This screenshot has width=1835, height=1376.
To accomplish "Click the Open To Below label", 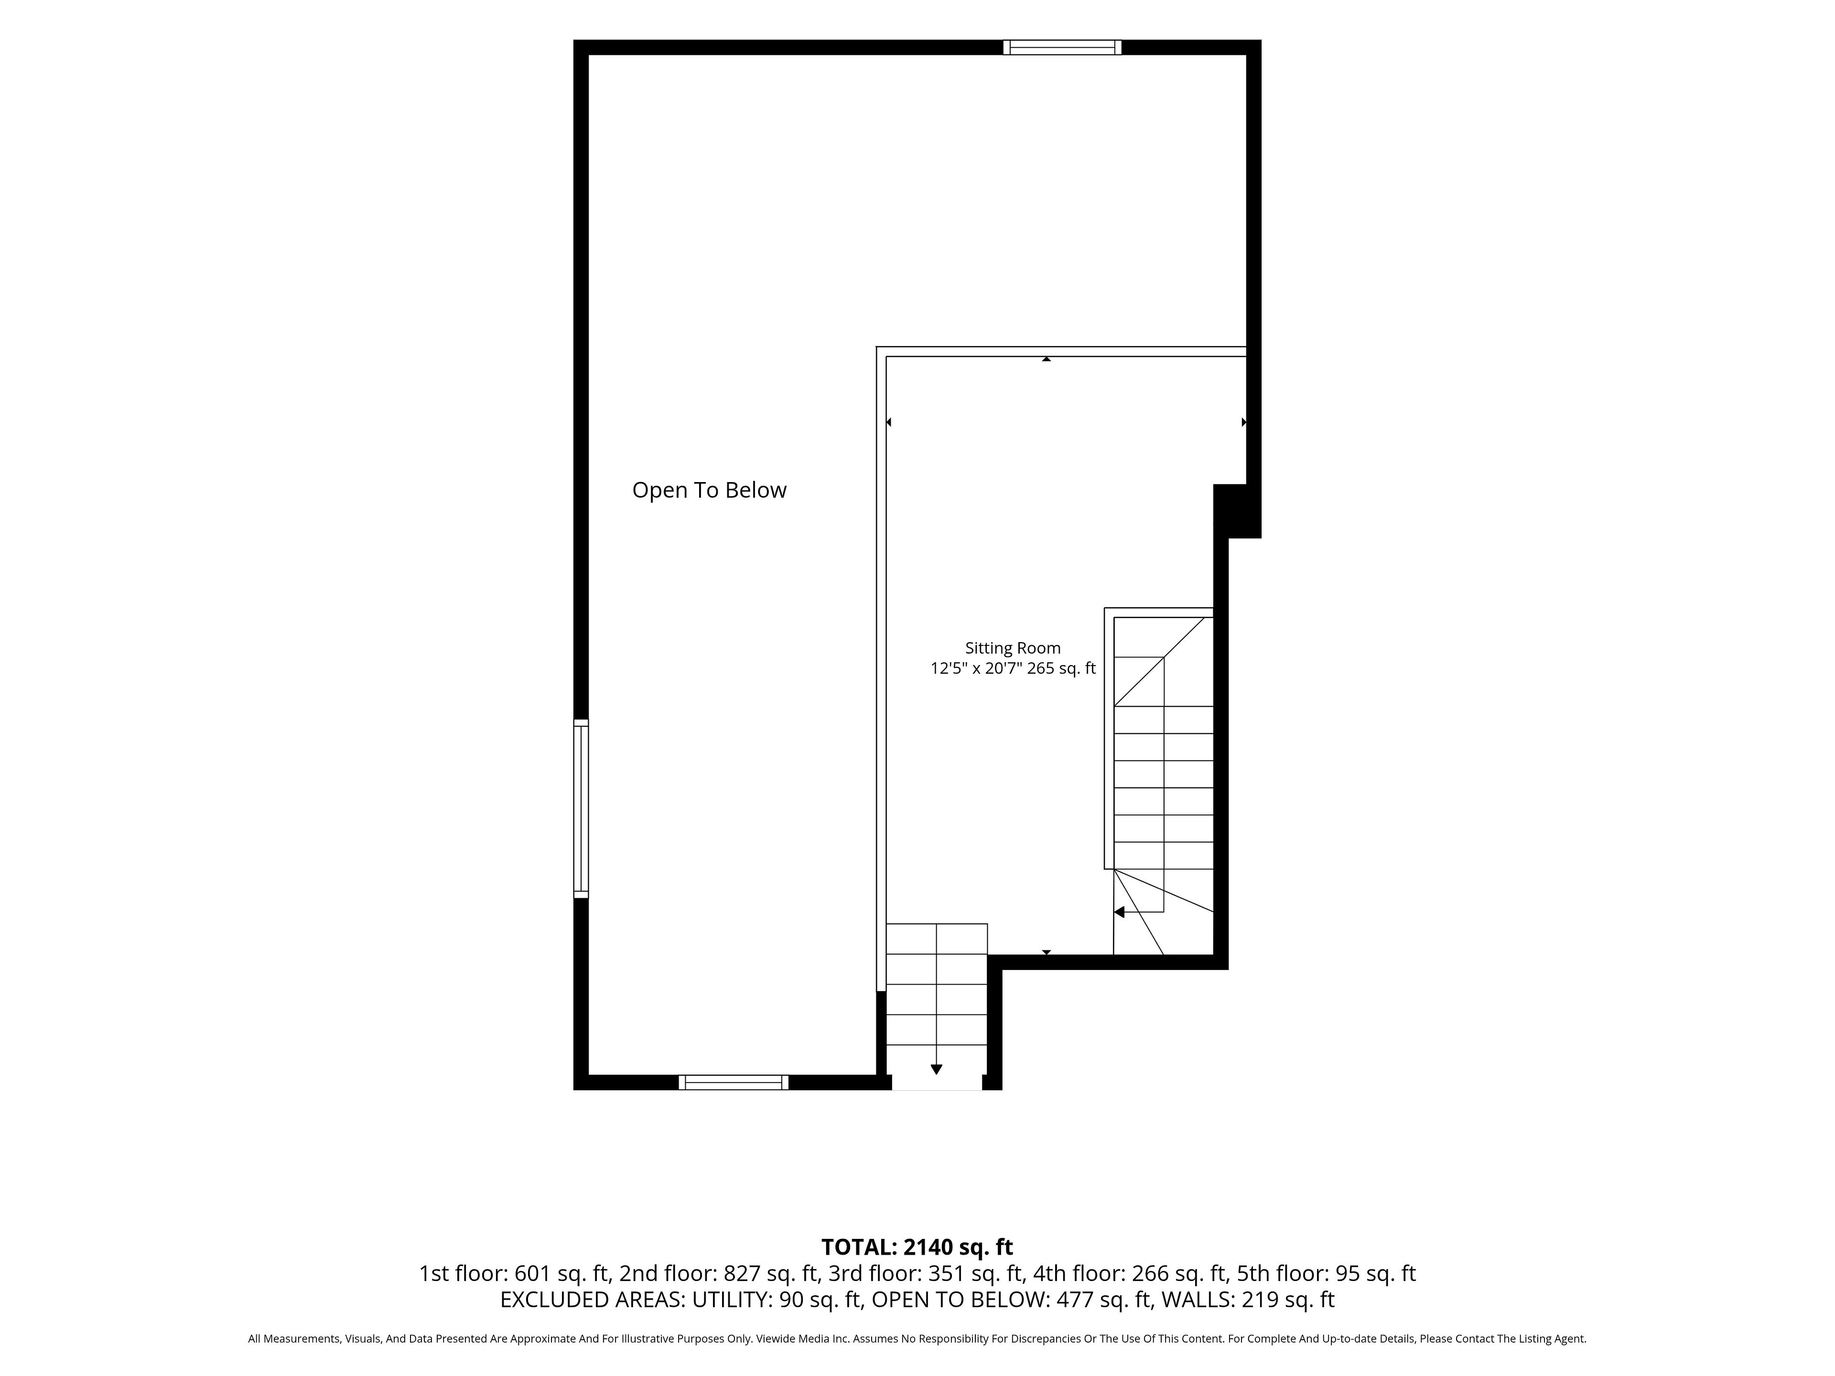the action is (709, 490).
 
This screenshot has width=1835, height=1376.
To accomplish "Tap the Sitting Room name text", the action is (1013, 648).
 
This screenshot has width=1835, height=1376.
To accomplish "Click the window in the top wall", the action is (1062, 47).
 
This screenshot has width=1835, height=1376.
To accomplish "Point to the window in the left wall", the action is (581, 809).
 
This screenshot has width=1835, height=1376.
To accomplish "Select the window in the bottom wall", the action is (734, 1082).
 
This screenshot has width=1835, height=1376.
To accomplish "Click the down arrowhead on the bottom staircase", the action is (937, 1070).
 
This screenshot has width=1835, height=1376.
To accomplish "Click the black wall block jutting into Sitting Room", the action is (1237, 511).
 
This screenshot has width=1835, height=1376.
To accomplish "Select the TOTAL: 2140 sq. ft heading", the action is (917, 1270).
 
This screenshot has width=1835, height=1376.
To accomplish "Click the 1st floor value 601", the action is (533, 1296).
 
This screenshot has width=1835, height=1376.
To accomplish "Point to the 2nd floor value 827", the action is (742, 1296).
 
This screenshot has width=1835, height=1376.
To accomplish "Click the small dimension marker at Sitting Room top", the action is (1047, 359).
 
